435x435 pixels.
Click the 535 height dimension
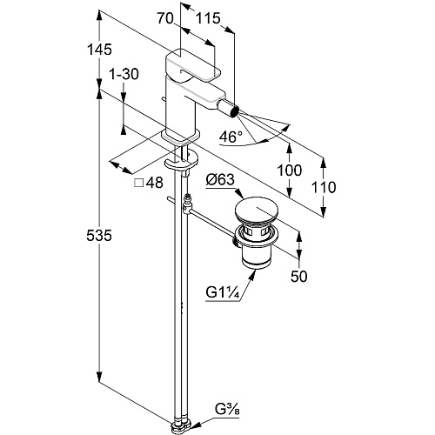point(99,235)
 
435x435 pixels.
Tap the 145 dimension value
point(99,50)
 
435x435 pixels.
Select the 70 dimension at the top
point(165,18)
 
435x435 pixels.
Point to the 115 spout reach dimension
point(208,18)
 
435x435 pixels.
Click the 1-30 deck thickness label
point(124,74)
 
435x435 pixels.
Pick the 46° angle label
point(231,137)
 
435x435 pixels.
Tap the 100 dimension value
point(290,171)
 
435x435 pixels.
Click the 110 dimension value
point(324,187)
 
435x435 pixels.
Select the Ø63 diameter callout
point(220,180)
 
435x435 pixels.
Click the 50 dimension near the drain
point(299,277)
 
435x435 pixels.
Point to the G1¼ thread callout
point(223,292)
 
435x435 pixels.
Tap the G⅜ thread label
point(227,410)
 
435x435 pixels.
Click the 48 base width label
point(155,183)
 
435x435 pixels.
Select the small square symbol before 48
point(139,183)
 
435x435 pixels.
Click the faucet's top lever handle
point(191,65)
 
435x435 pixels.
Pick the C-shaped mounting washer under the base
point(182,162)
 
